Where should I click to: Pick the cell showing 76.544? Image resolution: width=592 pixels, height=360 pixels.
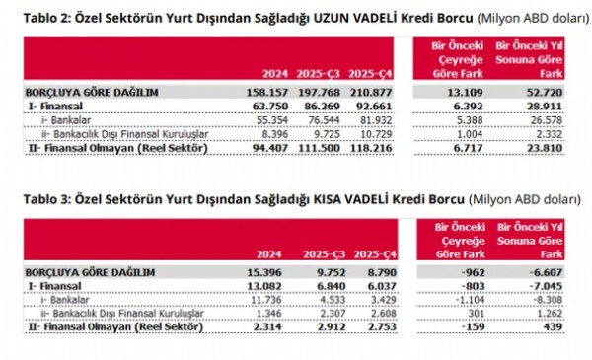[x=323, y=118]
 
